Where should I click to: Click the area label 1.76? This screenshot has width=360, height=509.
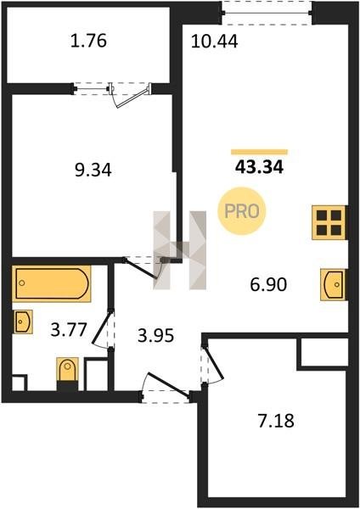point(88,42)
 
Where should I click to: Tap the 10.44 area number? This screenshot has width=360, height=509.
point(215,42)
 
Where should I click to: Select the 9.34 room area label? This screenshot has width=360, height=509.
point(93,170)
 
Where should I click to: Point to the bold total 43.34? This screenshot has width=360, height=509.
point(259,167)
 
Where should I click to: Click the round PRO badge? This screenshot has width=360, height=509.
point(242,211)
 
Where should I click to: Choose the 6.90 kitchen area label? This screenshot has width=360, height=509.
point(268,285)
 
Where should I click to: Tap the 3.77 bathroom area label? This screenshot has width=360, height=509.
point(69,330)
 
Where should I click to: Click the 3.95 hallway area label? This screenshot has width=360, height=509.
point(155,336)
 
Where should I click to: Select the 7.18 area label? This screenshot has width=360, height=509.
point(276,421)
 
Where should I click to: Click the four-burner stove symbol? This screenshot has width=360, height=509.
point(329,222)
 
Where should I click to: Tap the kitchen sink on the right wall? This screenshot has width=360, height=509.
point(333,285)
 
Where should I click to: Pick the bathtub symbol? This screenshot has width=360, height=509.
point(52,283)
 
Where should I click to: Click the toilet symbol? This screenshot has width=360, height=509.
point(68,371)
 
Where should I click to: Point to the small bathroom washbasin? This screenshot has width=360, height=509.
point(23,322)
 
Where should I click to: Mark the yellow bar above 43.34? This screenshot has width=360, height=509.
point(259,152)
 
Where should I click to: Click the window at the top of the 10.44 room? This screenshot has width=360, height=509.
point(267,13)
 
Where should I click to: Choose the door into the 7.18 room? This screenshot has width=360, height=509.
point(213,364)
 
